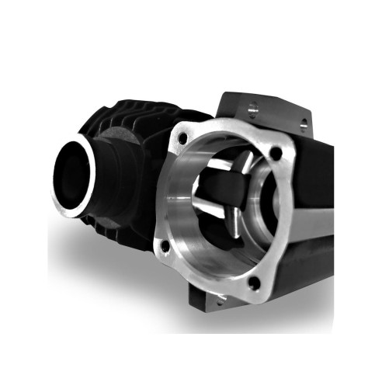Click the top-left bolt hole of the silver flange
[182, 138]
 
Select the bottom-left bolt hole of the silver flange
[164, 248]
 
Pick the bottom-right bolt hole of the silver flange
[252, 283]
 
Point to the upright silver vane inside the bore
[244, 168]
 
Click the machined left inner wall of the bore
[180, 210]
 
